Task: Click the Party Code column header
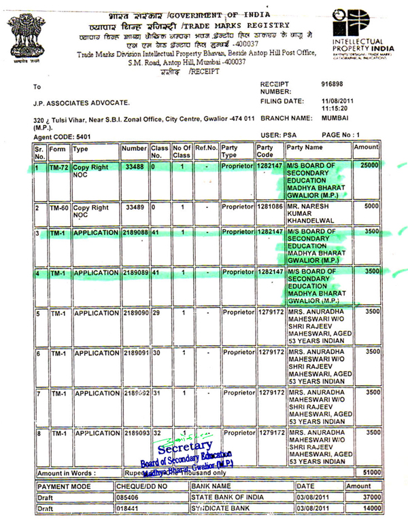(x=267, y=151)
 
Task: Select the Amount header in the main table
(x=367, y=147)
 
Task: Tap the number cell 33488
(x=133, y=166)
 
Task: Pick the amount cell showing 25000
(x=369, y=166)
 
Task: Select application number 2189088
(x=135, y=232)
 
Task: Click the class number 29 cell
(x=157, y=313)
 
